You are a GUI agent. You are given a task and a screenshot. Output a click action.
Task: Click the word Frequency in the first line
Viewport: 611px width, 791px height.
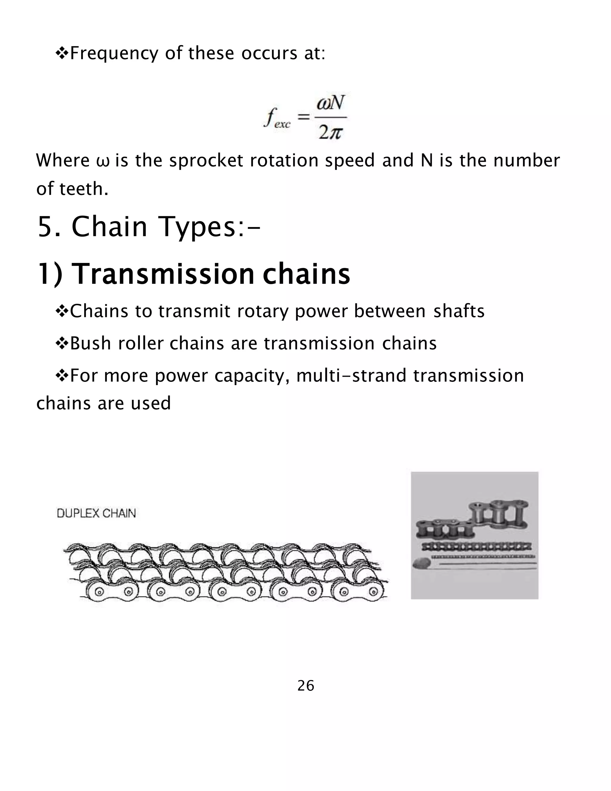(114, 54)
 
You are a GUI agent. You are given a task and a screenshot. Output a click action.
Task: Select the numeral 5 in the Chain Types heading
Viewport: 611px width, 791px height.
(46, 227)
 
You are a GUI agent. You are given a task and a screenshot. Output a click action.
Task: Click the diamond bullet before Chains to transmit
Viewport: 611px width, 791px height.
(61, 311)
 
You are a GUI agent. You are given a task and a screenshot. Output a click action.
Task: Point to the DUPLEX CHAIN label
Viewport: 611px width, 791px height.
(96, 513)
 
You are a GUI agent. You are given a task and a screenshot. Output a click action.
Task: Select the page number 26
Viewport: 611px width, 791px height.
(305, 686)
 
